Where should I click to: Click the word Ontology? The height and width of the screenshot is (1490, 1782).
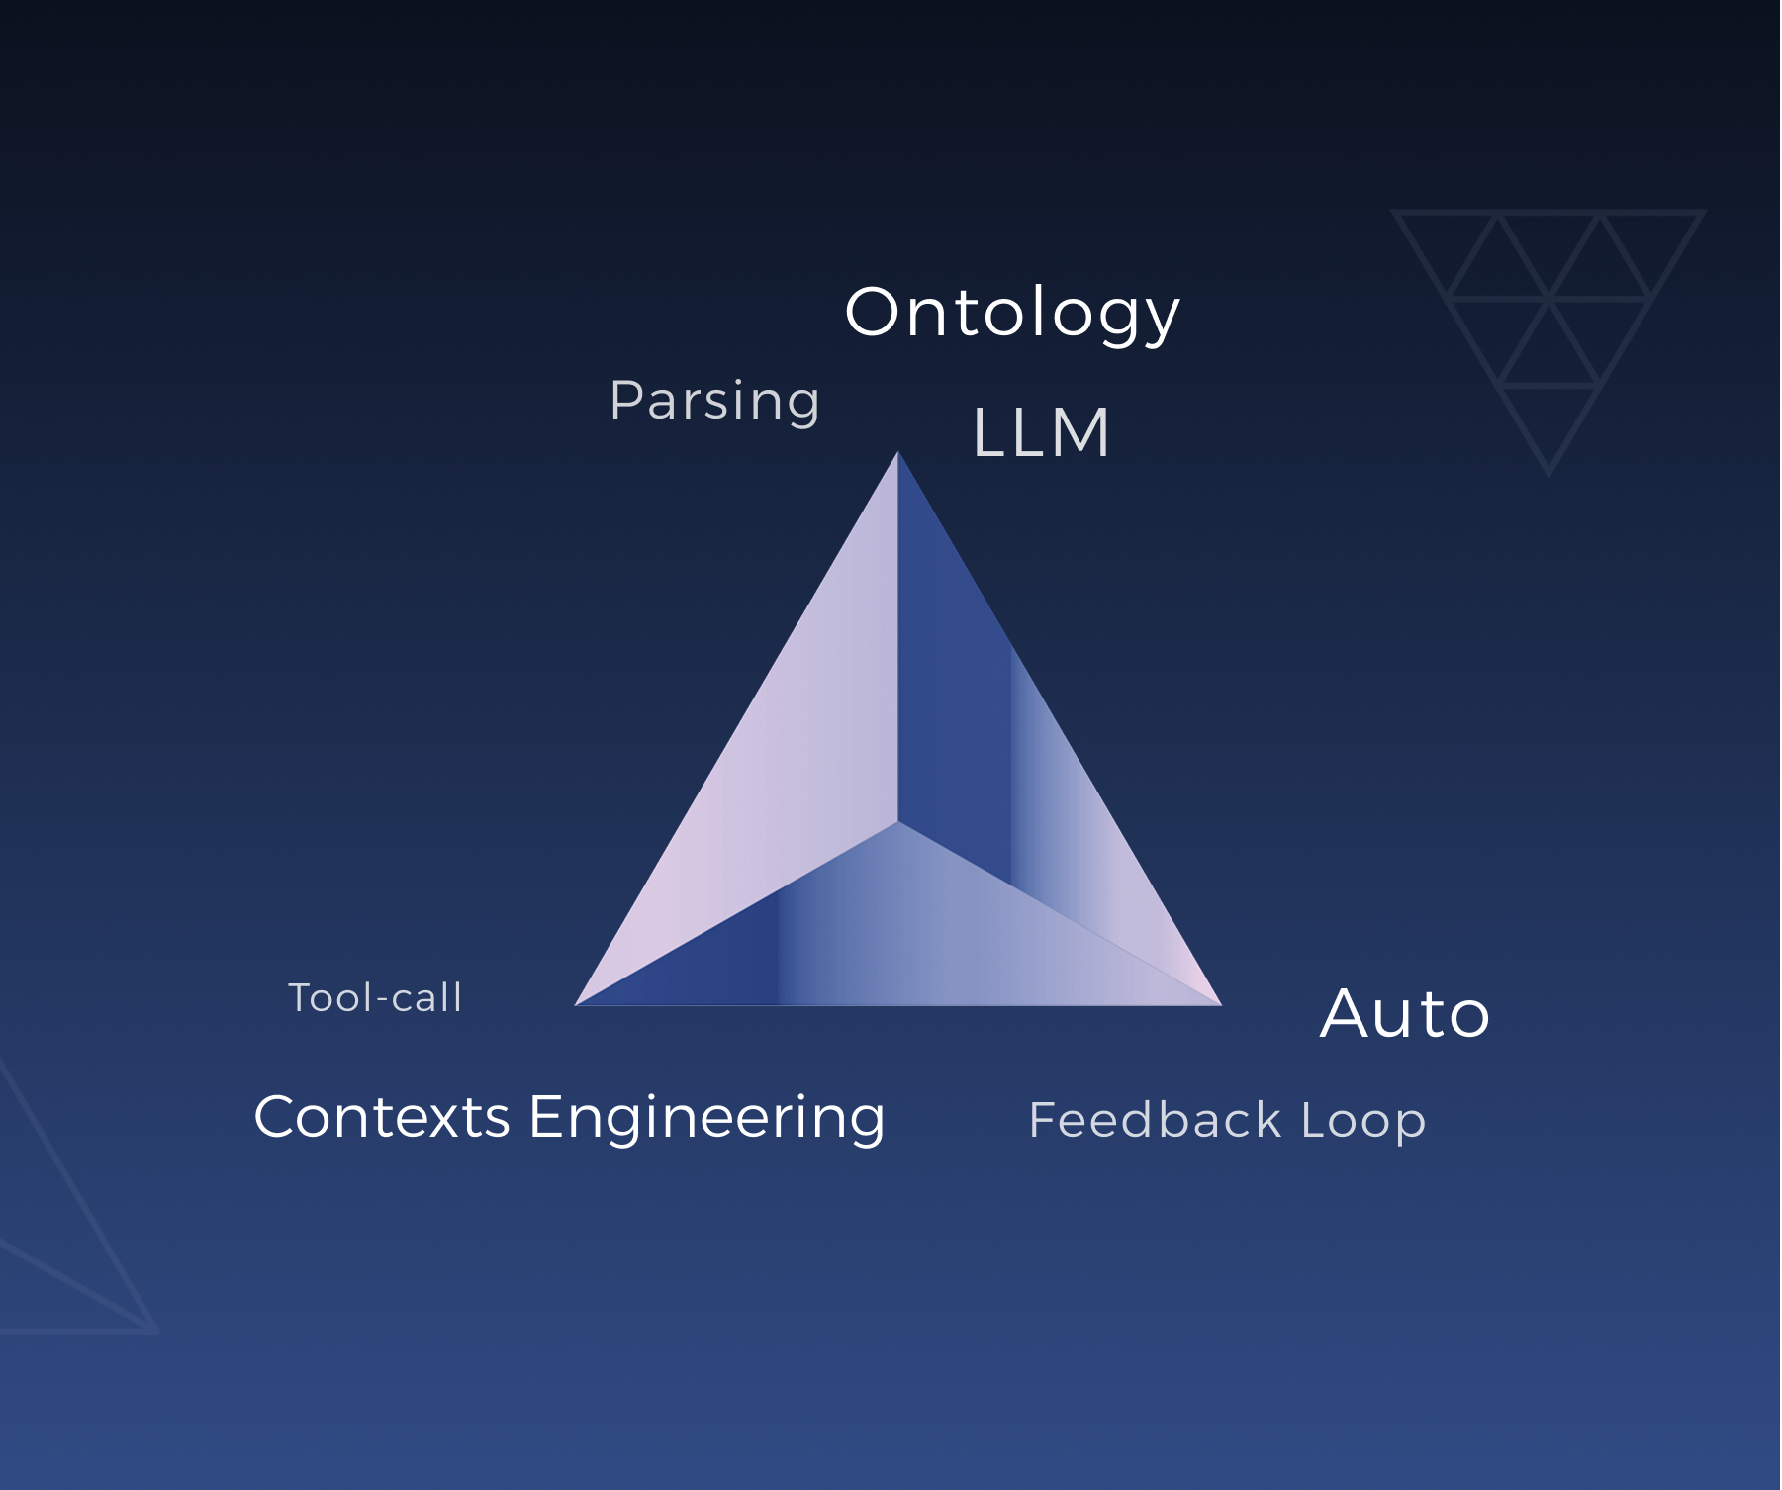[1012, 313]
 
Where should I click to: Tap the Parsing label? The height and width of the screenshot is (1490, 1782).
[714, 401]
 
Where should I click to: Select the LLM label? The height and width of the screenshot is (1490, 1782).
[1041, 433]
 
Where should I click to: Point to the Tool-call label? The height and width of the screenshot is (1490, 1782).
[375, 997]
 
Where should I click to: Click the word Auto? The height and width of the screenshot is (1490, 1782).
[1404, 1014]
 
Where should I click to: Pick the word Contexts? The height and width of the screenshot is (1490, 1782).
[382, 1117]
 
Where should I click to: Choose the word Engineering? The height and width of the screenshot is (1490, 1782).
[706, 1119]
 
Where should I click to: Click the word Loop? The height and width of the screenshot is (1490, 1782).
[1362, 1121]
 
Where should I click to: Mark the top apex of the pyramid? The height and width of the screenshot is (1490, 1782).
[897, 454]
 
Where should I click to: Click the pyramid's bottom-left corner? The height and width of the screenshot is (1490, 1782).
[578, 1003]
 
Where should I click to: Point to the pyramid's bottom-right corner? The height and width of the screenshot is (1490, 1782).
[1219, 1003]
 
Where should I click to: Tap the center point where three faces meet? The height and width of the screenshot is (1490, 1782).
[897, 821]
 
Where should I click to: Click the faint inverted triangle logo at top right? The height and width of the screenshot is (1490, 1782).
[1548, 317]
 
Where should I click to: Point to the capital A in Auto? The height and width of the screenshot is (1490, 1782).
[1348, 1014]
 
